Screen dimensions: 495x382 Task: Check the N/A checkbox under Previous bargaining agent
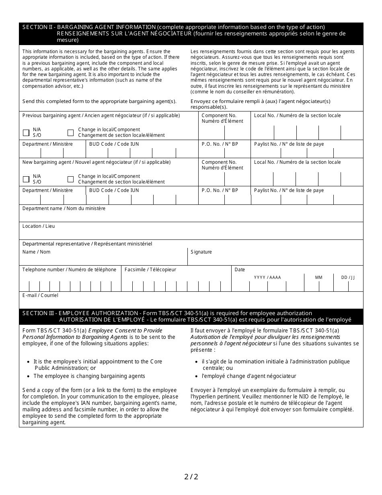pyautogui.click(x=26, y=132)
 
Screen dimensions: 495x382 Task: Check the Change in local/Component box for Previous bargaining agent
pyautogui.click(x=71, y=132)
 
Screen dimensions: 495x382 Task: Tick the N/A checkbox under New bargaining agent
pyautogui.click(x=26, y=179)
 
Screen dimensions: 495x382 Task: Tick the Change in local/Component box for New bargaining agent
pyautogui.click(x=71, y=179)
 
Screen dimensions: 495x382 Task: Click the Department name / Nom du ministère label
pyautogui.click(x=64, y=208)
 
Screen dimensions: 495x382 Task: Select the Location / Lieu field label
pyautogui.click(x=39, y=226)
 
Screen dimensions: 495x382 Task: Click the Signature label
pyautogui.click(x=201, y=252)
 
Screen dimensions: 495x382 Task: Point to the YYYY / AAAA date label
pyautogui.click(x=267, y=278)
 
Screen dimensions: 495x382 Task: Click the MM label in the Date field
pyautogui.click(x=318, y=278)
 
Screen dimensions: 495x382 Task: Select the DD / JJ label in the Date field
pyautogui.click(x=348, y=278)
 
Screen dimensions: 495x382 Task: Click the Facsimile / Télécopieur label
pyautogui.click(x=150, y=270)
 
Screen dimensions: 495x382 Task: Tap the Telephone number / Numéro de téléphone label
pyautogui.click(x=69, y=270)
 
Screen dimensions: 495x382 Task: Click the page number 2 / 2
pyautogui.click(x=191, y=477)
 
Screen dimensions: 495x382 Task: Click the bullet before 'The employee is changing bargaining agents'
pyautogui.click(x=29, y=376)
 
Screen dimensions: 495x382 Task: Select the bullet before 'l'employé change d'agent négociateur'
pyautogui.click(x=197, y=376)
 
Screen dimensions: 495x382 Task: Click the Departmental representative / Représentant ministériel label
pyautogui.click(x=87, y=244)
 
